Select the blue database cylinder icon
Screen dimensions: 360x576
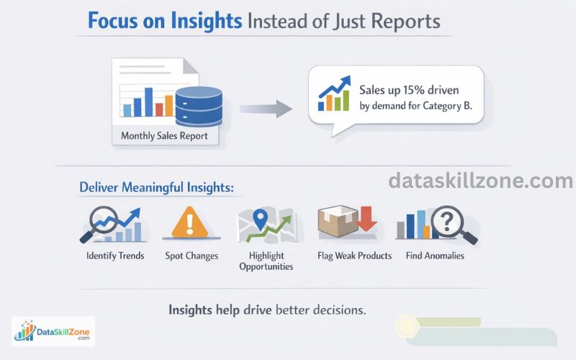click(x=199, y=106)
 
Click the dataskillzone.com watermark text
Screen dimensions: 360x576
click(x=480, y=181)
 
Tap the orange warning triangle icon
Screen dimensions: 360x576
click(x=190, y=223)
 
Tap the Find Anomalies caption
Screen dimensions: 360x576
click(x=434, y=256)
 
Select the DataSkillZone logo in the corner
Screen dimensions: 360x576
click(x=53, y=331)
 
